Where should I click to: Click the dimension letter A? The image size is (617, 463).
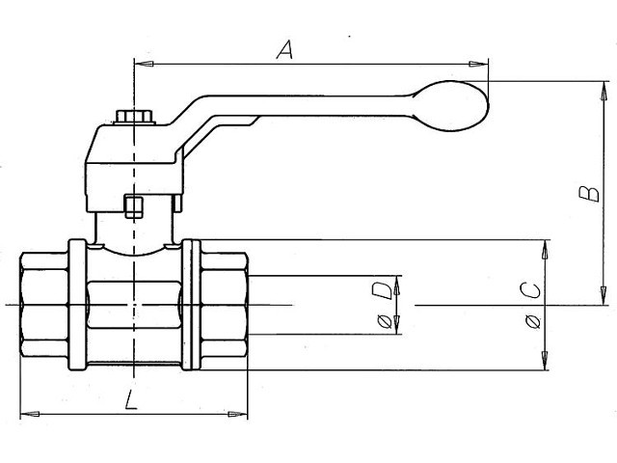tap(285, 49)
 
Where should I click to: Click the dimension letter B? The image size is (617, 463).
tap(589, 194)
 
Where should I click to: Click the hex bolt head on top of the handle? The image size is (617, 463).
tap(134, 117)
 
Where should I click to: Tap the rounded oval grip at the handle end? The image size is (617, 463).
tap(452, 106)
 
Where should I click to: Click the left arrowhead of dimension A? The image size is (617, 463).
tap(144, 64)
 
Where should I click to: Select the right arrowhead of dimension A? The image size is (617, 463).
tap(478, 64)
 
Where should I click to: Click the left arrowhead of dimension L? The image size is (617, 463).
tap(30, 414)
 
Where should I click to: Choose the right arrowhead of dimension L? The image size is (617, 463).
tap(238, 414)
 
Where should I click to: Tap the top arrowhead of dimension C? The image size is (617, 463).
tap(545, 250)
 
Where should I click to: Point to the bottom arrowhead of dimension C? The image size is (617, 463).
tap(545, 360)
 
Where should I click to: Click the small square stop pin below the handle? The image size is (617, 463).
tap(133, 206)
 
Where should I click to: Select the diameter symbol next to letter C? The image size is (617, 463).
tap(533, 322)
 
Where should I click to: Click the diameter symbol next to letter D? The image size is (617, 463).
tap(385, 321)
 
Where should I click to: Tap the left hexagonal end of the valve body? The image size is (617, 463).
tap(44, 305)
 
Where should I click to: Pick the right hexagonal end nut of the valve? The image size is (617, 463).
tap(225, 305)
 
